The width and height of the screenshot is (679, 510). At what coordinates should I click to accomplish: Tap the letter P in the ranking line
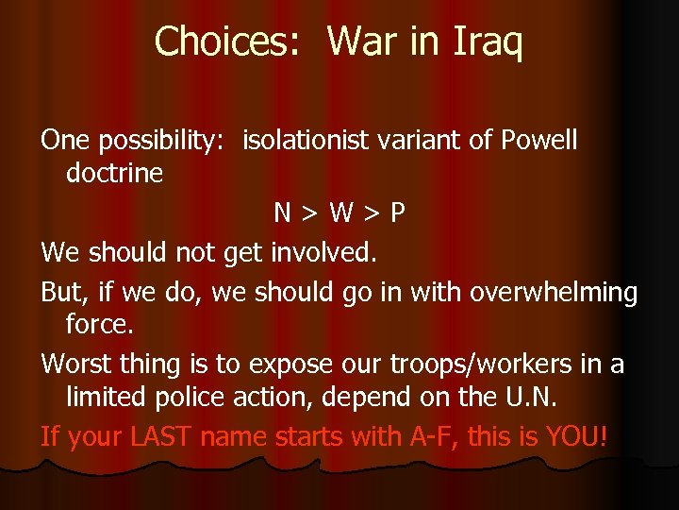(397, 213)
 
